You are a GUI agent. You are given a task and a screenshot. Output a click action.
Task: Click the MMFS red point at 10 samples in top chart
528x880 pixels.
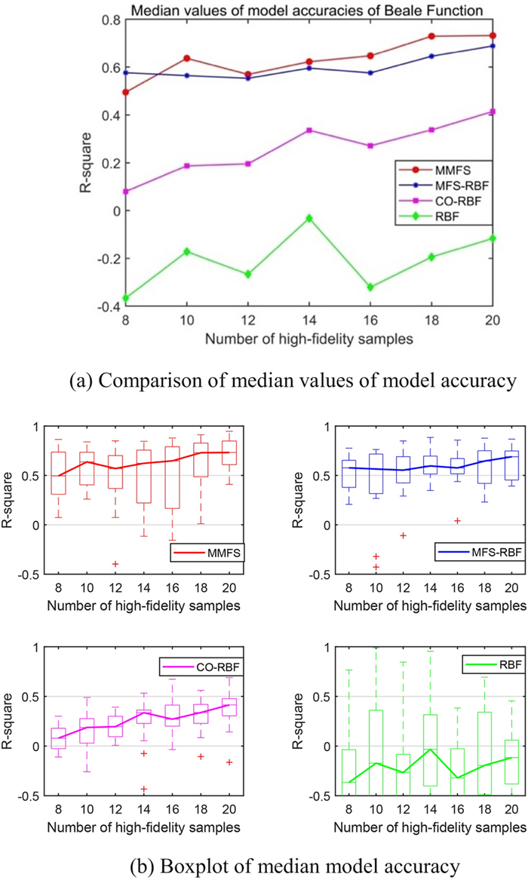[186, 58]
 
